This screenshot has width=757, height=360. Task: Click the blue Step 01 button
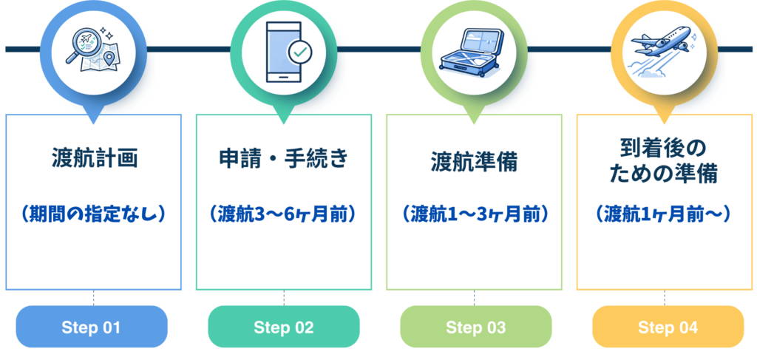[x=92, y=327]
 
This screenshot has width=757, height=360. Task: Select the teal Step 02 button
[x=284, y=327]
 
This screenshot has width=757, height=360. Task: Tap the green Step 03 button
[x=475, y=327]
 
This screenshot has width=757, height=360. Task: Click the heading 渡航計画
[x=95, y=159]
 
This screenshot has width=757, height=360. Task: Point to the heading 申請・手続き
[x=285, y=159]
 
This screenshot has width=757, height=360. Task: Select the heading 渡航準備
[x=475, y=161]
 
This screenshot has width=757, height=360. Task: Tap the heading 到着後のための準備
[x=665, y=163]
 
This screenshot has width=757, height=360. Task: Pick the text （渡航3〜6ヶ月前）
[x=285, y=214]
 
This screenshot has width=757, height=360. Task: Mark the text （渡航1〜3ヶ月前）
[x=475, y=214]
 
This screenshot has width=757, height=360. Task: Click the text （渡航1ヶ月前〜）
[x=665, y=214]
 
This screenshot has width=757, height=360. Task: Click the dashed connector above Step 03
[x=475, y=298]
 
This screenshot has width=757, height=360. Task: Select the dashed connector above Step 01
[x=94, y=298]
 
